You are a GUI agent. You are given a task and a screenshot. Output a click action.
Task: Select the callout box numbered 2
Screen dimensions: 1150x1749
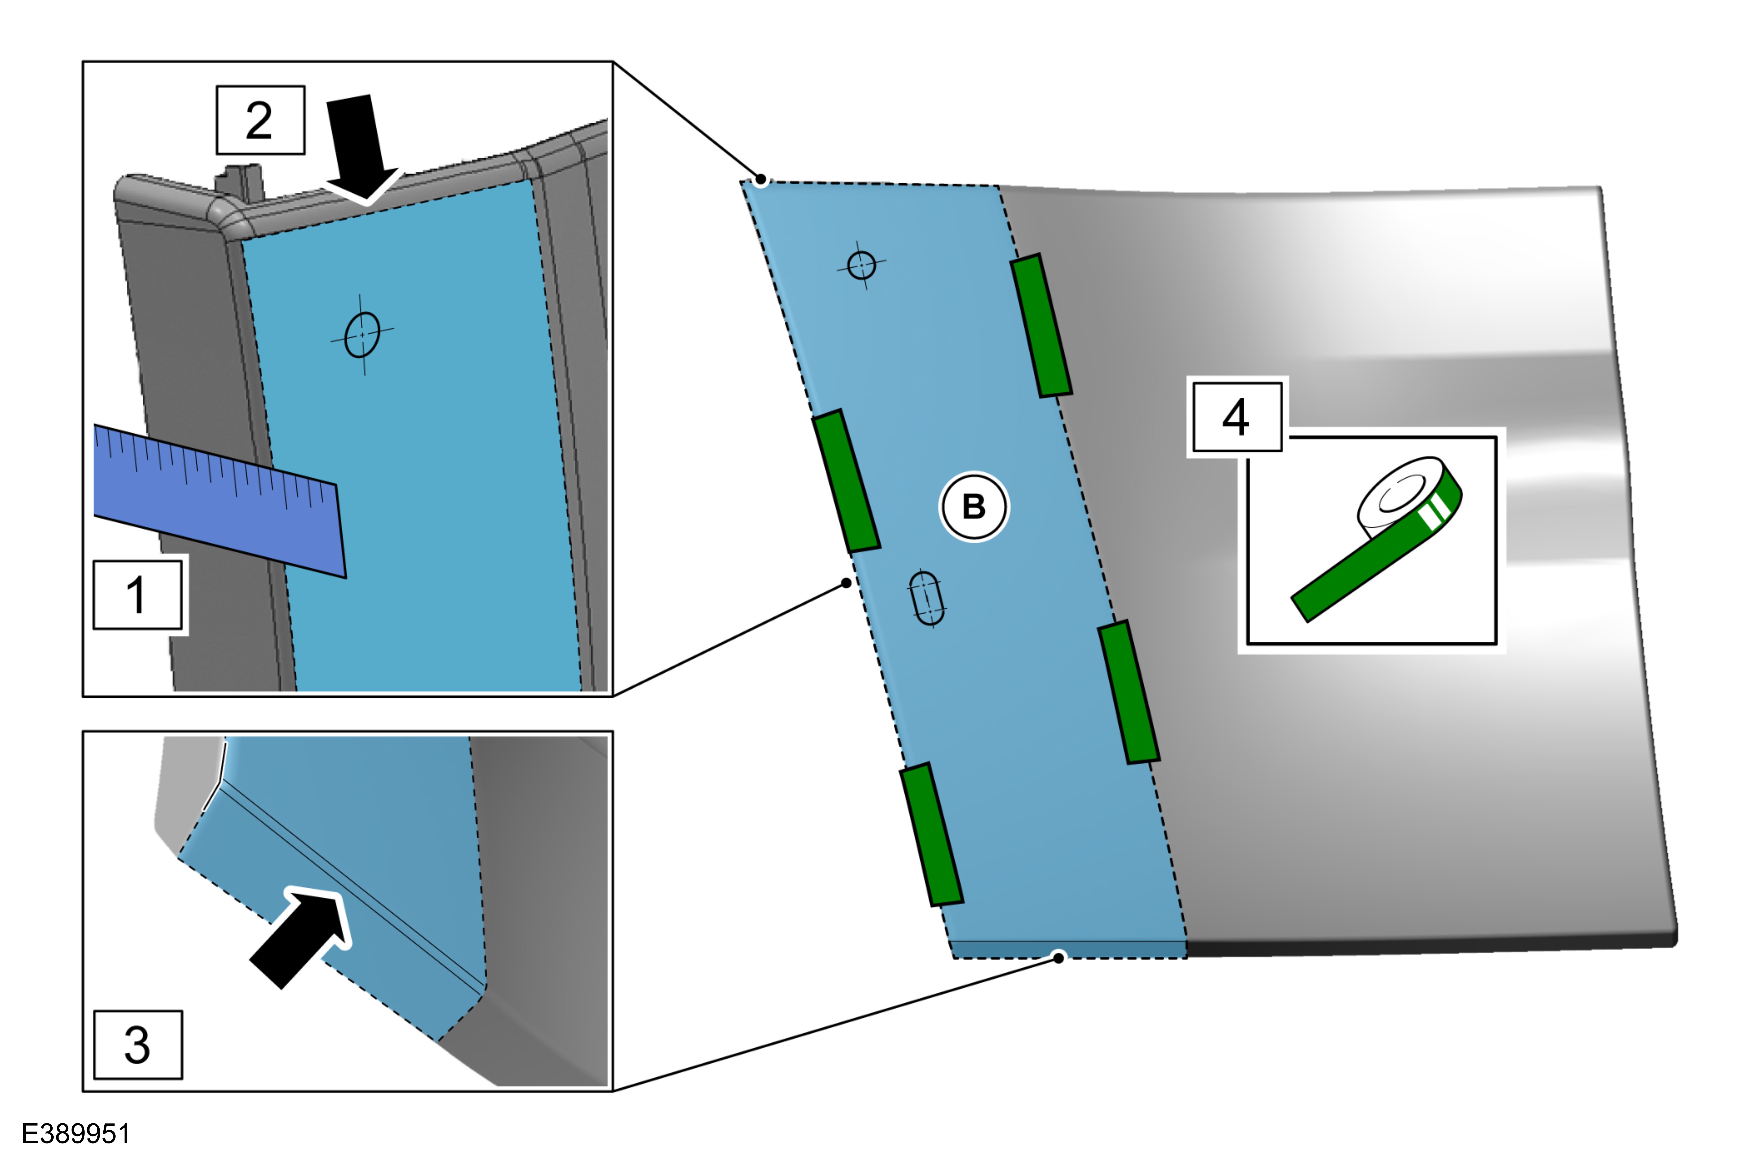[x=260, y=120]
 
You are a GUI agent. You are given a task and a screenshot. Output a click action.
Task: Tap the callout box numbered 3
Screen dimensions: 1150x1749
[x=137, y=1044]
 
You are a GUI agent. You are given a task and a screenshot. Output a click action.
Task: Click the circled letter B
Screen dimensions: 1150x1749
[x=974, y=507]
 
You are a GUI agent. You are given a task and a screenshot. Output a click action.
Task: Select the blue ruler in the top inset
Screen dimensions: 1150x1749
[x=220, y=500]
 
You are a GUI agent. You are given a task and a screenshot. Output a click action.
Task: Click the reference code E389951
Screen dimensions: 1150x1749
[x=76, y=1133]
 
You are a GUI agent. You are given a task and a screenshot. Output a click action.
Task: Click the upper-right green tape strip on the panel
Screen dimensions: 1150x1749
[x=1041, y=326]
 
